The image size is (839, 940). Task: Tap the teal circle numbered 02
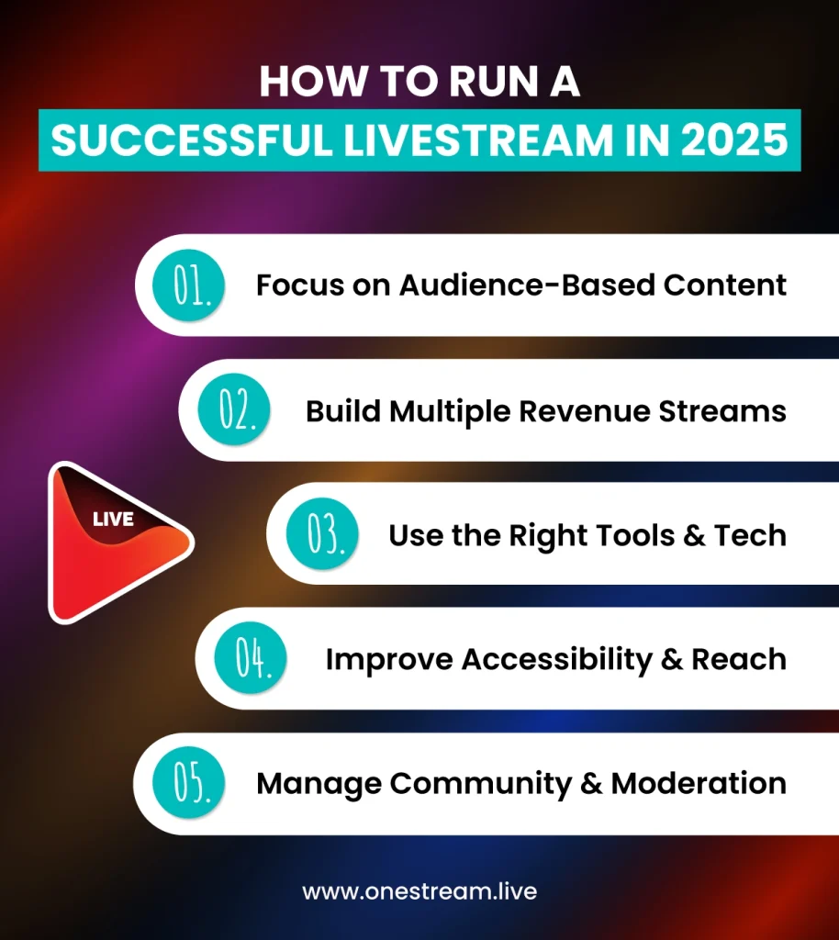click(x=235, y=410)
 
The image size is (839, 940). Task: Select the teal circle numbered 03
click(x=322, y=535)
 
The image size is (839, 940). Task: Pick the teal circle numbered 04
click(x=249, y=659)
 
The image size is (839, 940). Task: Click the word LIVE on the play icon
click(x=113, y=520)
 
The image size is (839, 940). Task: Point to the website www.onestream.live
click(x=419, y=891)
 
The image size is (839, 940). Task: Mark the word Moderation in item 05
click(x=699, y=783)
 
